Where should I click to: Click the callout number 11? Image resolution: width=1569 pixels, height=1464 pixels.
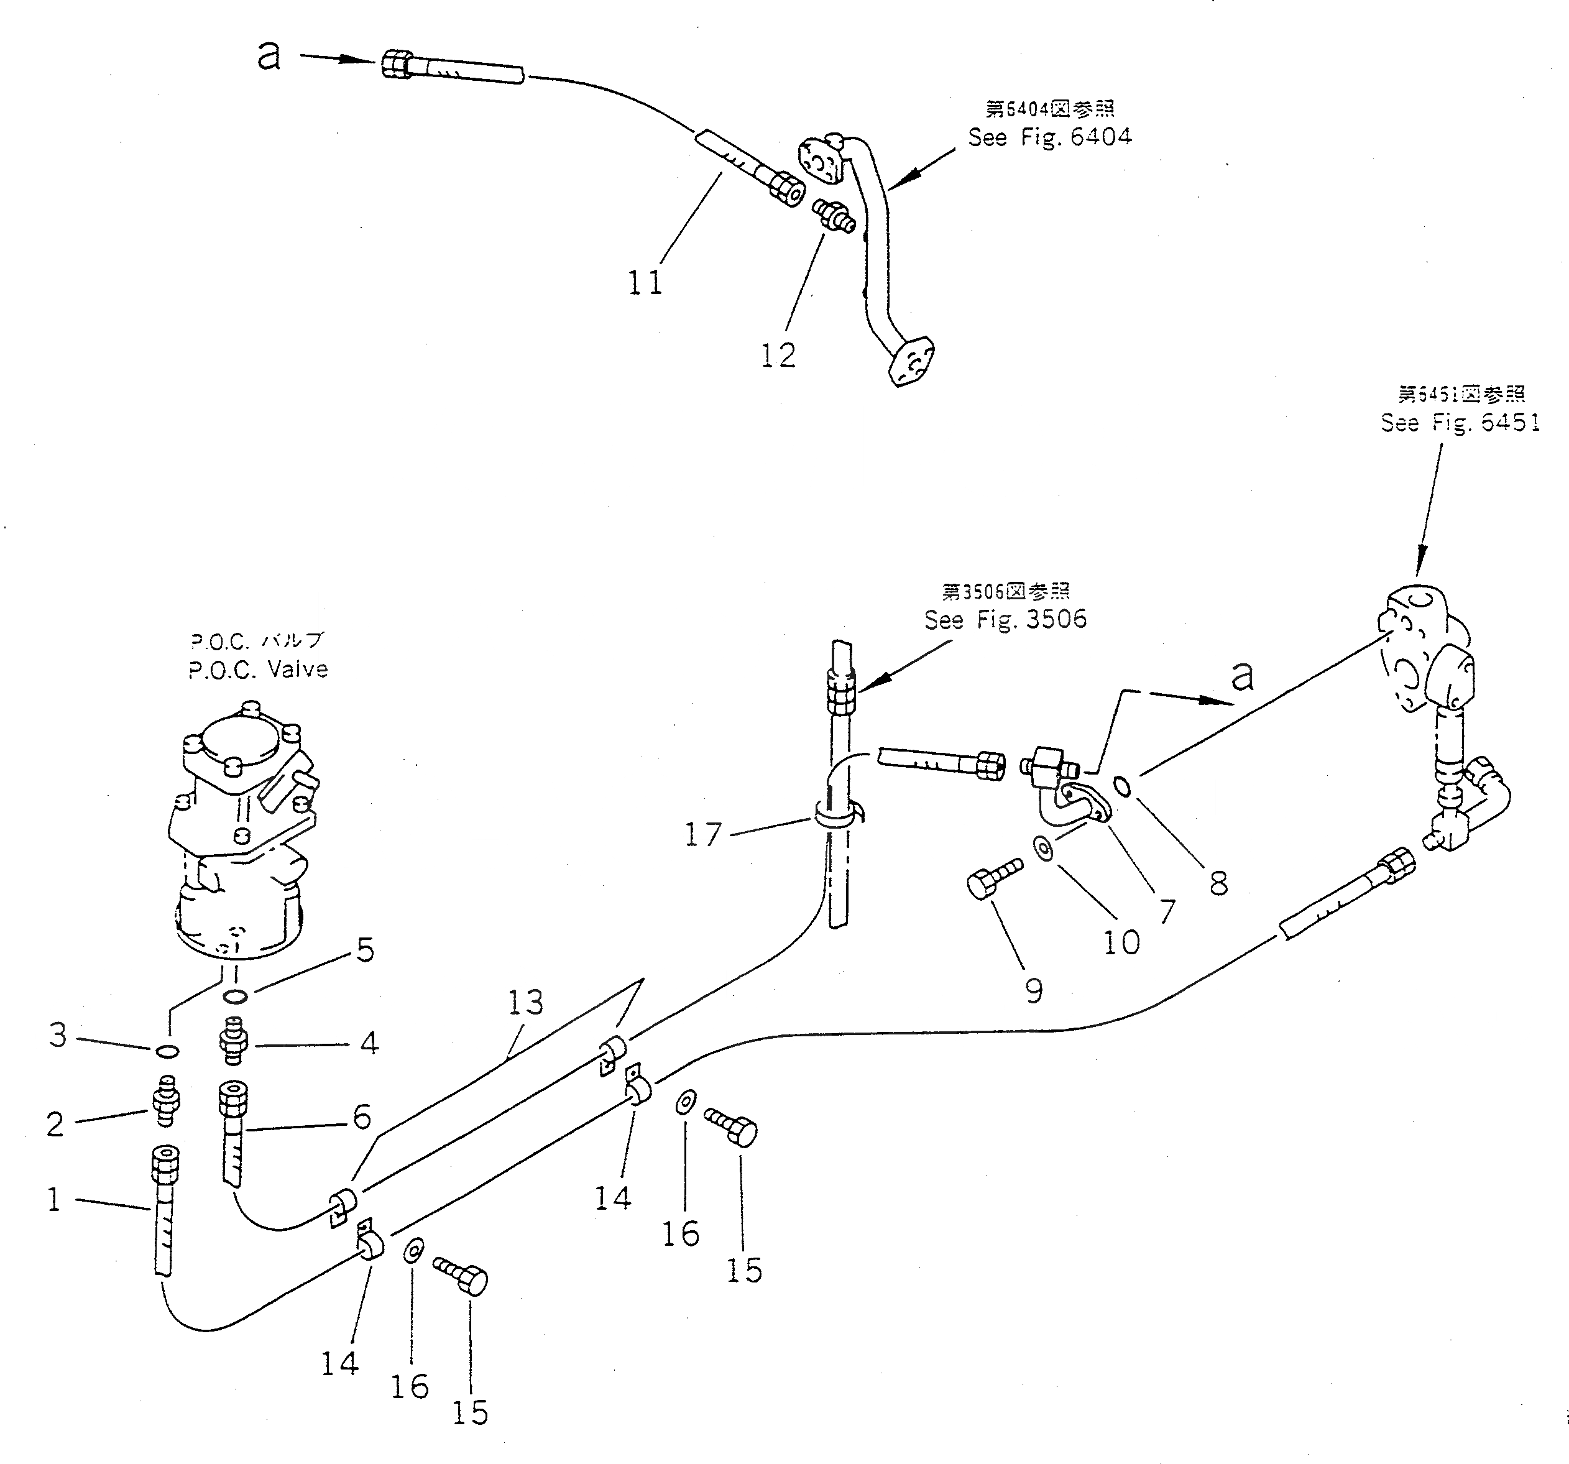click(x=645, y=282)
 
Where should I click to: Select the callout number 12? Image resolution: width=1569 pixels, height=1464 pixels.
click(x=778, y=356)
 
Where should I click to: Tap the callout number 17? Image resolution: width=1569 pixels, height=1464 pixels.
click(x=702, y=835)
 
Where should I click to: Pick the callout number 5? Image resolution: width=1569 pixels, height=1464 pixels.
click(x=366, y=951)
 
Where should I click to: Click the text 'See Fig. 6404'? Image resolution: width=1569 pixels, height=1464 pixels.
click(x=1050, y=137)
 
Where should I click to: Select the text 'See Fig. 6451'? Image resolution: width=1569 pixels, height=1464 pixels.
click(x=1460, y=423)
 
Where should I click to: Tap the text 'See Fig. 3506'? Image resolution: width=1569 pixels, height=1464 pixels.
click(x=1005, y=620)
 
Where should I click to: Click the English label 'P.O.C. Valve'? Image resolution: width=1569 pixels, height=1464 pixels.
click(x=258, y=670)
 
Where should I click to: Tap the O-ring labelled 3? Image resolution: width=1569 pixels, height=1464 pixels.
click(x=166, y=1051)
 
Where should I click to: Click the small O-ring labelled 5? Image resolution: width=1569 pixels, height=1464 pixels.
click(x=234, y=997)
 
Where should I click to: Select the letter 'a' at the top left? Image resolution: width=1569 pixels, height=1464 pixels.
click(x=269, y=56)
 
